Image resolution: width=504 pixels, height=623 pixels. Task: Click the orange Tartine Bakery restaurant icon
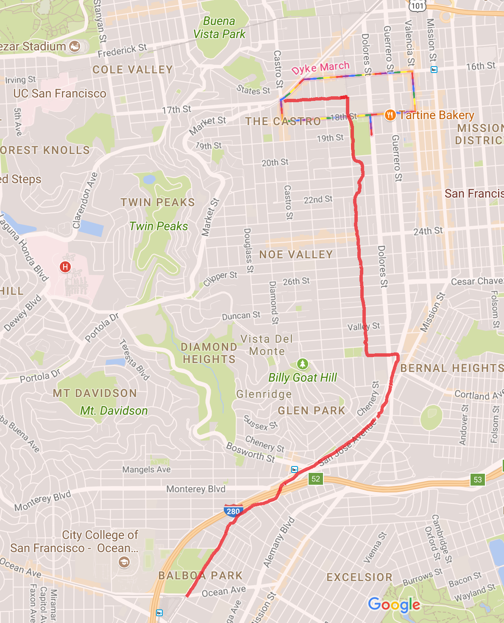click(x=390, y=115)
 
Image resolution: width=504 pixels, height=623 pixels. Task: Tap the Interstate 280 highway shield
click(x=233, y=511)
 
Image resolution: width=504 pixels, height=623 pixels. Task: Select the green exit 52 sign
click(x=316, y=479)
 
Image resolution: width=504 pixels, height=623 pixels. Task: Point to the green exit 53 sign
click(x=478, y=480)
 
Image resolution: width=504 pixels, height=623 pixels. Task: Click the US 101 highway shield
click(x=417, y=5)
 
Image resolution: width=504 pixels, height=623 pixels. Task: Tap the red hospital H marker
click(x=65, y=267)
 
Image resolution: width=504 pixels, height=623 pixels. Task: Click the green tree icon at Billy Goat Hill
click(x=302, y=364)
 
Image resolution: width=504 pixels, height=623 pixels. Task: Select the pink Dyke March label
click(x=320, y=68)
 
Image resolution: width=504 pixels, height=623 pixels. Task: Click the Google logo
click(x=394, y=604)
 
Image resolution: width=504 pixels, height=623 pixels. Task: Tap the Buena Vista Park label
click(x=219, y=28)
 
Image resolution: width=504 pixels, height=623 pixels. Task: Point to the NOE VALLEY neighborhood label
click(x=296, y=254)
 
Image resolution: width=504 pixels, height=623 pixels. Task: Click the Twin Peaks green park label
click(x=159, y=226)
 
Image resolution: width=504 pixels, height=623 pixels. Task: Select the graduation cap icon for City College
click(x=124, y=562)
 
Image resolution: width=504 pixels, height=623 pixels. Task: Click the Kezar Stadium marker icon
click(x=75, y=46)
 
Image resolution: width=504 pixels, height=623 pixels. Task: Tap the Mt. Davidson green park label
click(x=114, y=411)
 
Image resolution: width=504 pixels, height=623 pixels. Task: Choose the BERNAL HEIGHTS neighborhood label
click(x=451, y=368)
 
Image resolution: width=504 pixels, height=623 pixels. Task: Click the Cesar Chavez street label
click(x=477, y=282)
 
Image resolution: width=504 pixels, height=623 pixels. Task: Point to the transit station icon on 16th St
click(x=434, y=70)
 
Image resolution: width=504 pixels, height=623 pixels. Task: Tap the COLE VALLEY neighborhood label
click(x=133, y=70)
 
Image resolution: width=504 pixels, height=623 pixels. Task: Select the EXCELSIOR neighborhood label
click(x=359, y=577)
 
